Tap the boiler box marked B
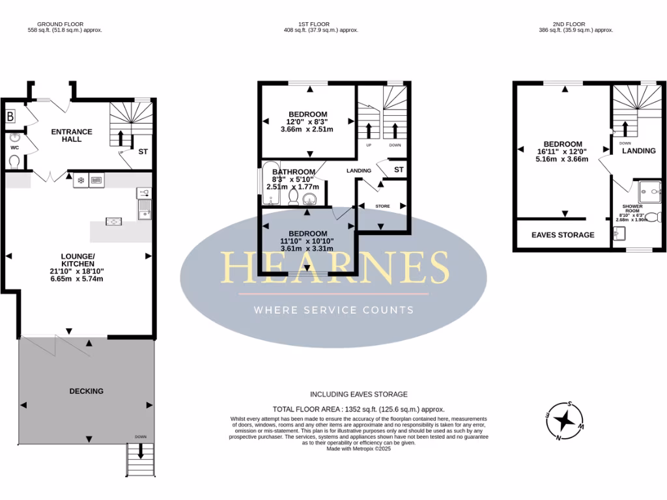click(10, 117)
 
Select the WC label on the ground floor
click(14, 147)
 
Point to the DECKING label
click(86, 391)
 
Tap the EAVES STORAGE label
click(563, 235)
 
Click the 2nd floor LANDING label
click(638, 151)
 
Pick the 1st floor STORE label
click(382, 206)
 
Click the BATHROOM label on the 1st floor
click(293, 172)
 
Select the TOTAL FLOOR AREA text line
click(358, 408)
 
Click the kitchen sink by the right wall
click(144, 210)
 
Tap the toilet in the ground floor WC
click(14, 161)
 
